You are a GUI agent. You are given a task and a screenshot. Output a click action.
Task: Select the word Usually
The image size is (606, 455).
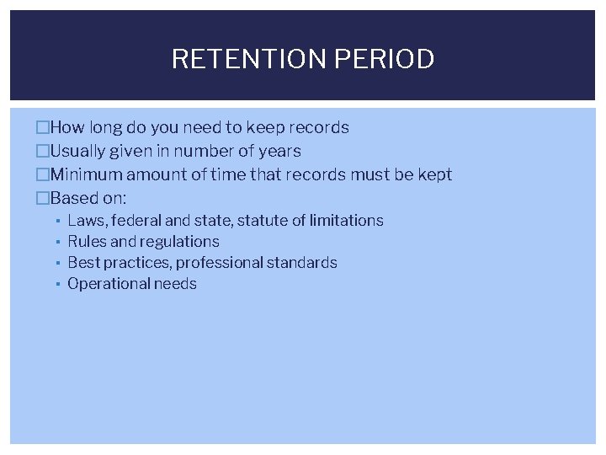[78, 152]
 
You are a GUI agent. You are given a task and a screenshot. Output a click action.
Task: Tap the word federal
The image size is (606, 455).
[138, 221]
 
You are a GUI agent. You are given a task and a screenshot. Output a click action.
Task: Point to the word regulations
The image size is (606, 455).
[179, 242]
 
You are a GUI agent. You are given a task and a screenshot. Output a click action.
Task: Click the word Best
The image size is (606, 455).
[82, 263]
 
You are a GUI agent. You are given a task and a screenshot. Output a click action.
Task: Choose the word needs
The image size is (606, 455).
[175, 284]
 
